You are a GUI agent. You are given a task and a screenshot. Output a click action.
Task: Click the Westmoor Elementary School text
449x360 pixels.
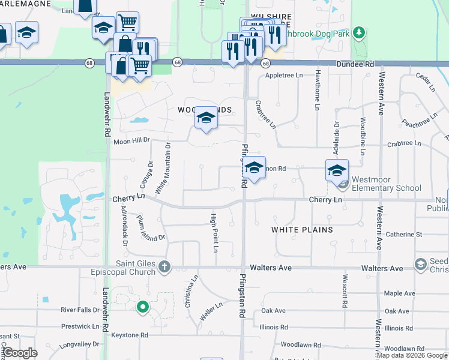(387, 184)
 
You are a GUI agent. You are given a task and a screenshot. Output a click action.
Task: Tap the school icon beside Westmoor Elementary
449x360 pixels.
(337, 170)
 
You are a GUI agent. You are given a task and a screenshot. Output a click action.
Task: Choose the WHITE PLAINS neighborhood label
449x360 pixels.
(302, 230)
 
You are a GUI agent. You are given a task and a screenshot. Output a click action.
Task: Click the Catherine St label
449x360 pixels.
(404, 234)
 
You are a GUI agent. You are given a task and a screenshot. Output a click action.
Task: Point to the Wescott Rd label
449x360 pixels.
(345, 292)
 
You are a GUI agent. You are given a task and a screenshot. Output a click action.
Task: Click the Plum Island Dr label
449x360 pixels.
(149, 229)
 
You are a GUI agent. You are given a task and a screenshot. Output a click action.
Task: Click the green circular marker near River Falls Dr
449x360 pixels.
(142, 307)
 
